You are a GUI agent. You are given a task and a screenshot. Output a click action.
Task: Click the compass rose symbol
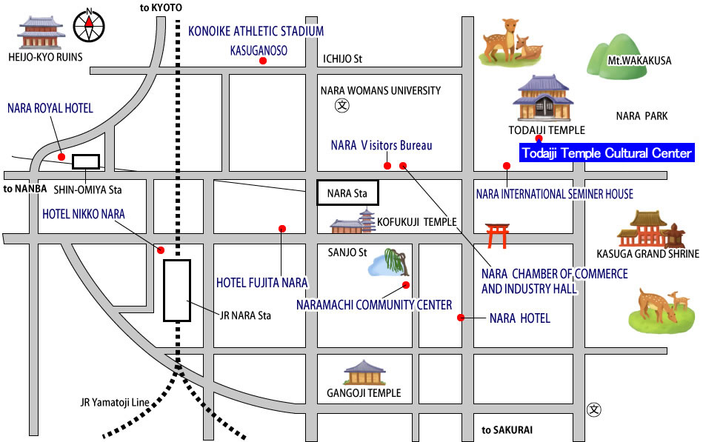[89, 26]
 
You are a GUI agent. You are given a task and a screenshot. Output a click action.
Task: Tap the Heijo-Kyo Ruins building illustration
[41, 33]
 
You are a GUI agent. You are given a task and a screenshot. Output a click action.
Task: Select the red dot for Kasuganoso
[263, 61]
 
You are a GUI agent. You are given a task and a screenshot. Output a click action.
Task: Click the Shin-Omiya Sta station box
[86, 161]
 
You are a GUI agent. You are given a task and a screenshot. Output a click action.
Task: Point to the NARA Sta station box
[347, 192]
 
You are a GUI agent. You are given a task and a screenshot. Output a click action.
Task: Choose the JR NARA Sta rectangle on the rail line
[177, 290]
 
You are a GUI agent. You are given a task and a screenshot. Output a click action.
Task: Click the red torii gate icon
[497, 235]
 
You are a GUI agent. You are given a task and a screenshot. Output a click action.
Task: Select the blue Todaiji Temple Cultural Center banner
[607, 153]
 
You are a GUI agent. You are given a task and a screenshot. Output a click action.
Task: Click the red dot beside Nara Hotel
[461, 318]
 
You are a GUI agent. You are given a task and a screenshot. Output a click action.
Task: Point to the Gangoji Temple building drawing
[364, 373]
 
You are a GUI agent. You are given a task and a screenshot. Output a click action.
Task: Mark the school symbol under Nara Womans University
[342, 106]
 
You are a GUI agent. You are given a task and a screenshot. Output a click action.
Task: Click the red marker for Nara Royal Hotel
[61, 156]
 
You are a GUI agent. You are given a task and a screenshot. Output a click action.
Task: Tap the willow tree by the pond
[397, 263]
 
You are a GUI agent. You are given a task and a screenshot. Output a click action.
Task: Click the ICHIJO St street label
[342, 58]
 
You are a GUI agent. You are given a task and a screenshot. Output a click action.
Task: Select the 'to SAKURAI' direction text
[507, 430]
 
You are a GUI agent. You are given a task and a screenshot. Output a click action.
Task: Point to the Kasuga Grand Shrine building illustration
[651, 230]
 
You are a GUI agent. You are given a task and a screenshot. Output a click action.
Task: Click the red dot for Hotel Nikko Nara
[161, 250]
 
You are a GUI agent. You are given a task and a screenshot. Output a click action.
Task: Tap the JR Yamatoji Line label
[115, 402]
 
